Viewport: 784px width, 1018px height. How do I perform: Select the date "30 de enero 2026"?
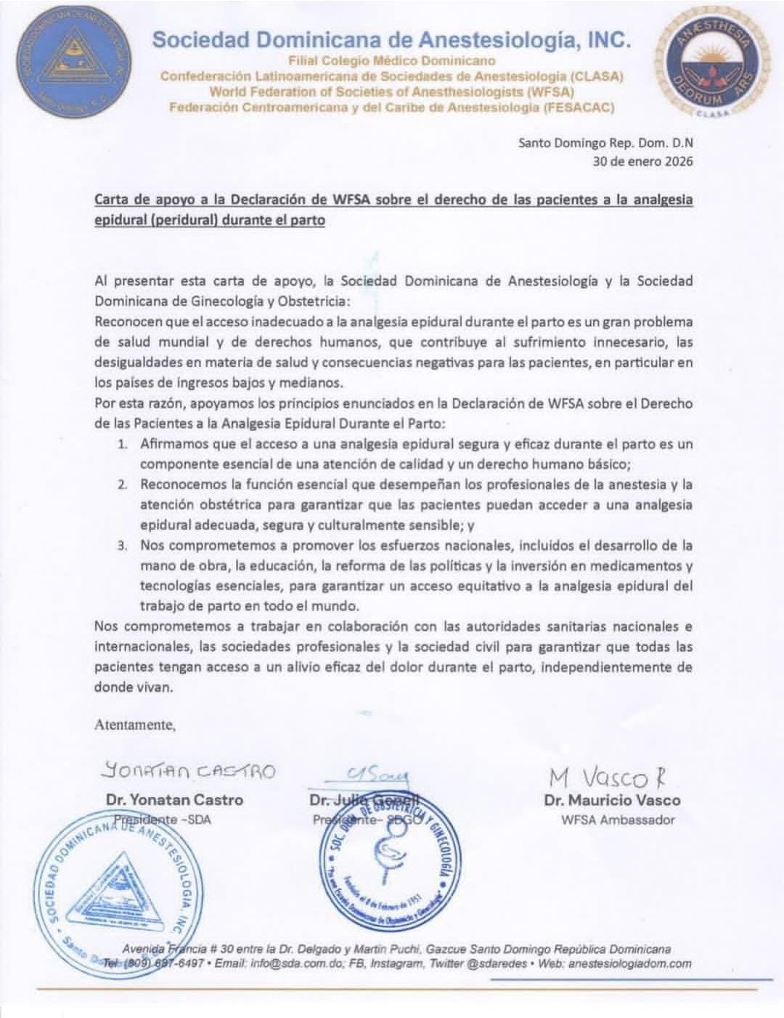[x=642, y=161]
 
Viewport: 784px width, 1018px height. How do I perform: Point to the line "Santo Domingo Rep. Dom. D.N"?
[x=605, y=143]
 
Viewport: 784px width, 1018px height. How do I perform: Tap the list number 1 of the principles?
[x=123, y=444]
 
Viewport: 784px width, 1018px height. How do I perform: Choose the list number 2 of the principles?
[x=123, y=485]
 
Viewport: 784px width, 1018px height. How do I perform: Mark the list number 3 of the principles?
[x=123, y=546]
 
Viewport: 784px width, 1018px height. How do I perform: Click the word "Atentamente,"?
[x=135, y=724]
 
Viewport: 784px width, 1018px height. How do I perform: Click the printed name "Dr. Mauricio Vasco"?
[x=612, y=800]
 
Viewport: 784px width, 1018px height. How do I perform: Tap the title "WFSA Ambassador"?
[x=618, y=820]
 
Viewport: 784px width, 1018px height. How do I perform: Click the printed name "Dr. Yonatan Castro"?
[x=174, y=800]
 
